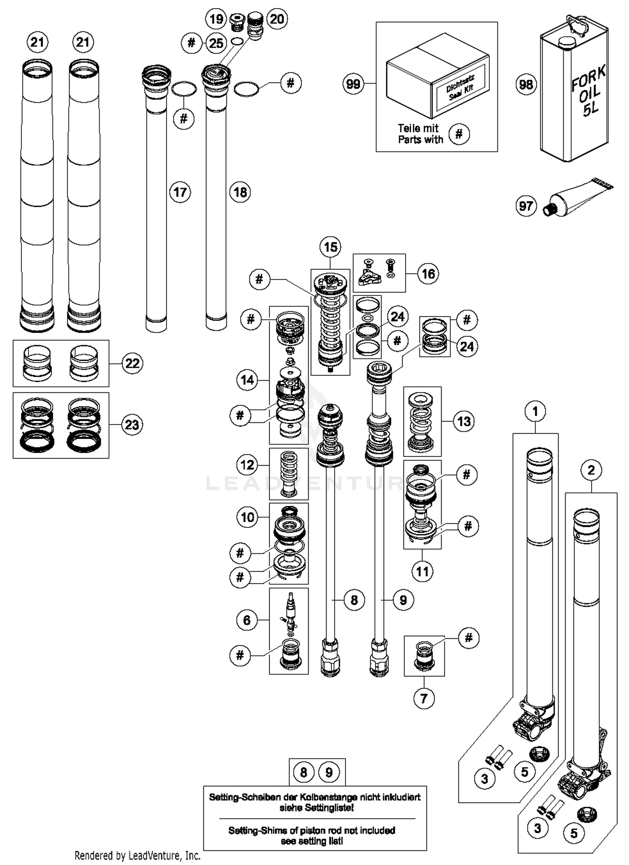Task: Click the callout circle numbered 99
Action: point(353,84)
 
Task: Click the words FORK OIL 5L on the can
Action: point(589,91)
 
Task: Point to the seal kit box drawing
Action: point(437,80)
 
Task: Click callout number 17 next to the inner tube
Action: point(180,192)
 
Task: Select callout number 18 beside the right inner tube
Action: point(240,192)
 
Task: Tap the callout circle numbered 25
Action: point(216,43)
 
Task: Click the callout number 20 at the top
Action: point(276,19)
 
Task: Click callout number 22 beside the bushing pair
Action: point(133,363)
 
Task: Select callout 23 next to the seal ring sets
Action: point(132,425)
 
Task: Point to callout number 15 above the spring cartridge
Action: point(330,247)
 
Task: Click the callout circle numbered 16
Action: point(428,274)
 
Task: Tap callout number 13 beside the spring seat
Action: point(464,421)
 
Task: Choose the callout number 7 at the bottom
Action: point(424,699)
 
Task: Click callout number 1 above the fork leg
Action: point(535,412)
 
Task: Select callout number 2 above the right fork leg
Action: point(591,470)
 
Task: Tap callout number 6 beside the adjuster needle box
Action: point(247,620)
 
